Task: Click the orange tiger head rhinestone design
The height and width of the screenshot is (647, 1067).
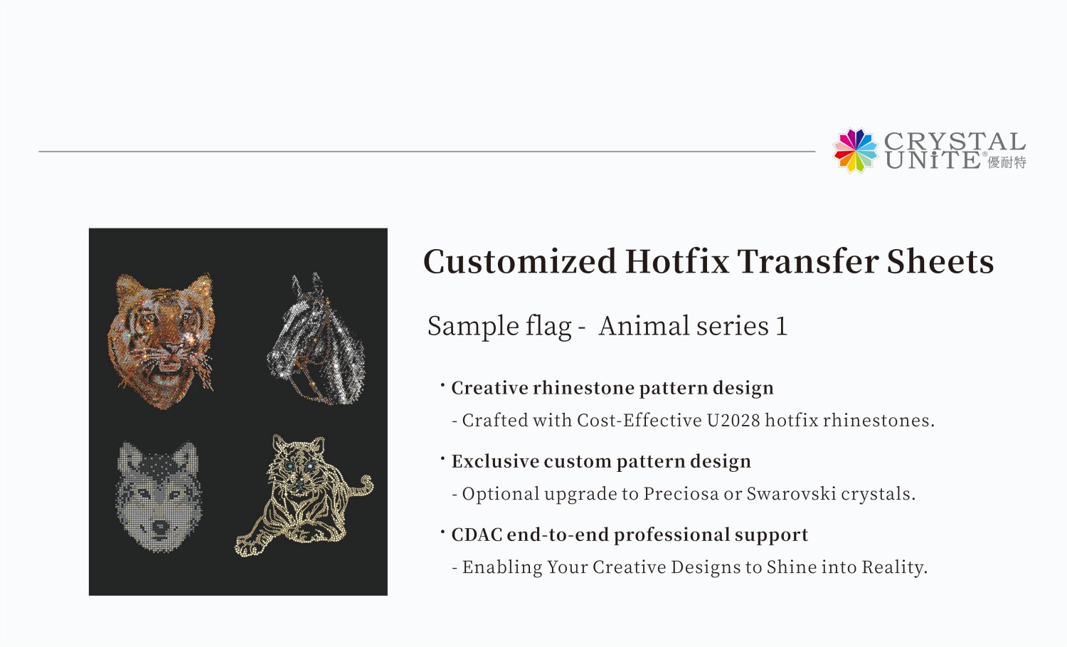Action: pyautogui.click(x=161, y=338)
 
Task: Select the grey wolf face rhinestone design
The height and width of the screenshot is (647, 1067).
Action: pyautogui.click(x=158, y=495)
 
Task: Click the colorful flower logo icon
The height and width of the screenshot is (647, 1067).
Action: pyautogui.click(x=856, y=150)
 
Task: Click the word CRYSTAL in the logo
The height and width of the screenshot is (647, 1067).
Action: pyautogui.click(x=954, y=141)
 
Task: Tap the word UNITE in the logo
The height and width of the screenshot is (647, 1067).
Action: pyautogui.click(x=933, y=160)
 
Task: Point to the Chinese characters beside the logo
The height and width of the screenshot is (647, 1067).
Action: pyautogui.click(x=1007, y=162)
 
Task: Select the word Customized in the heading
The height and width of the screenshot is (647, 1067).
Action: pyautogui.click(x=519, y=261)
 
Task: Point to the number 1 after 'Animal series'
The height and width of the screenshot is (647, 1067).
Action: pyautogui.click(x=781, y=327)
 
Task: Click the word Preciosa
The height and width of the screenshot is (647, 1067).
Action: pyautogui.click(x=680, y=494)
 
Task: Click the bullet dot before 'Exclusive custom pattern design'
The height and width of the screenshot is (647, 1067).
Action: pyautogui.click(x=442, y=458)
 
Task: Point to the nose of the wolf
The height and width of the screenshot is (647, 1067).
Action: pyautogui.click(x=160, y=528)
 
